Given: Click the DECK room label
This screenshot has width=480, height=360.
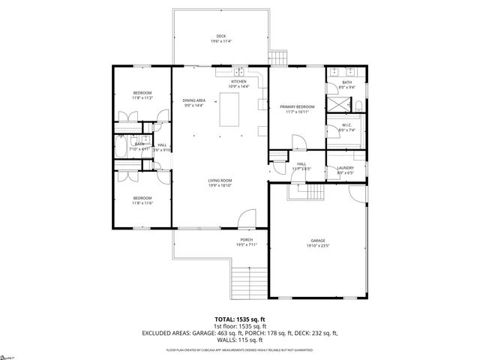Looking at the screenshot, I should pyautogui.click(x=221, y=36).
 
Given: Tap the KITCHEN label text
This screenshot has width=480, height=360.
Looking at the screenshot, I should pyautogui.click(x=238, y=81).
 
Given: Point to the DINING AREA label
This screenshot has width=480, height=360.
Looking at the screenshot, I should pyautogui.click(x=193, y=100).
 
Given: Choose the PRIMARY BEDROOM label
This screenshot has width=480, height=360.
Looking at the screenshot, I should pyautogui.click(x=297, y=107).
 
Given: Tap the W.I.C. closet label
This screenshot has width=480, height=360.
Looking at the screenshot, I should pyautogui.click(x=346, y=126).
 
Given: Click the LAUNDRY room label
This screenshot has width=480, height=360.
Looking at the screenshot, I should pyautogui.click(x=345, y=168).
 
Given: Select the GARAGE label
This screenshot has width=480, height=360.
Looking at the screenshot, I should pyautogui.click(x=318, y=241).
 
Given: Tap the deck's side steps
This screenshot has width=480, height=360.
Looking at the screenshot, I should pyautogui.click(x=279, y=57).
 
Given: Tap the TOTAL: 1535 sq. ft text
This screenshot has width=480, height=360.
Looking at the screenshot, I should pyautogui.click(x=240, y=319).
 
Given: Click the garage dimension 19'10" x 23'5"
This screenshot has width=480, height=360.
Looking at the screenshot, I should pyautogui.click(x=318, y=246).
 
